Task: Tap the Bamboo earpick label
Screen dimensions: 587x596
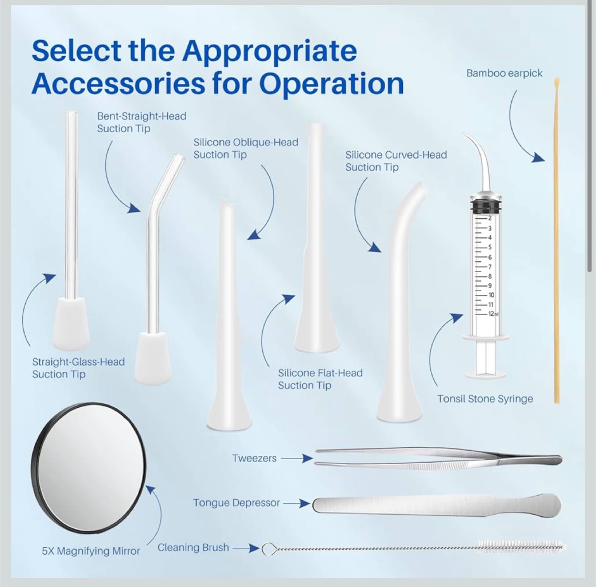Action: tap(504, 73)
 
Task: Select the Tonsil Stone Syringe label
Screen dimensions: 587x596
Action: tap(485, 399)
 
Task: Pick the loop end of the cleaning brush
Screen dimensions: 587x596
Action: tap(269, 549)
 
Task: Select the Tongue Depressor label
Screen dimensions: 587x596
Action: tap(236, 503)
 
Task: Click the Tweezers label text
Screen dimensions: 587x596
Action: tap(254, 458)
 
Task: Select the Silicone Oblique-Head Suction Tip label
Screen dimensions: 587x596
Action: tap(245, 148)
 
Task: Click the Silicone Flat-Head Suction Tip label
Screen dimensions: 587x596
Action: tap(320, 379)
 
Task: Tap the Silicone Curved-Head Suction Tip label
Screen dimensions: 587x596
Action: tap(396, 161)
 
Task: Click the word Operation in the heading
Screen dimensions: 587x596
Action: tap(331, 84)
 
